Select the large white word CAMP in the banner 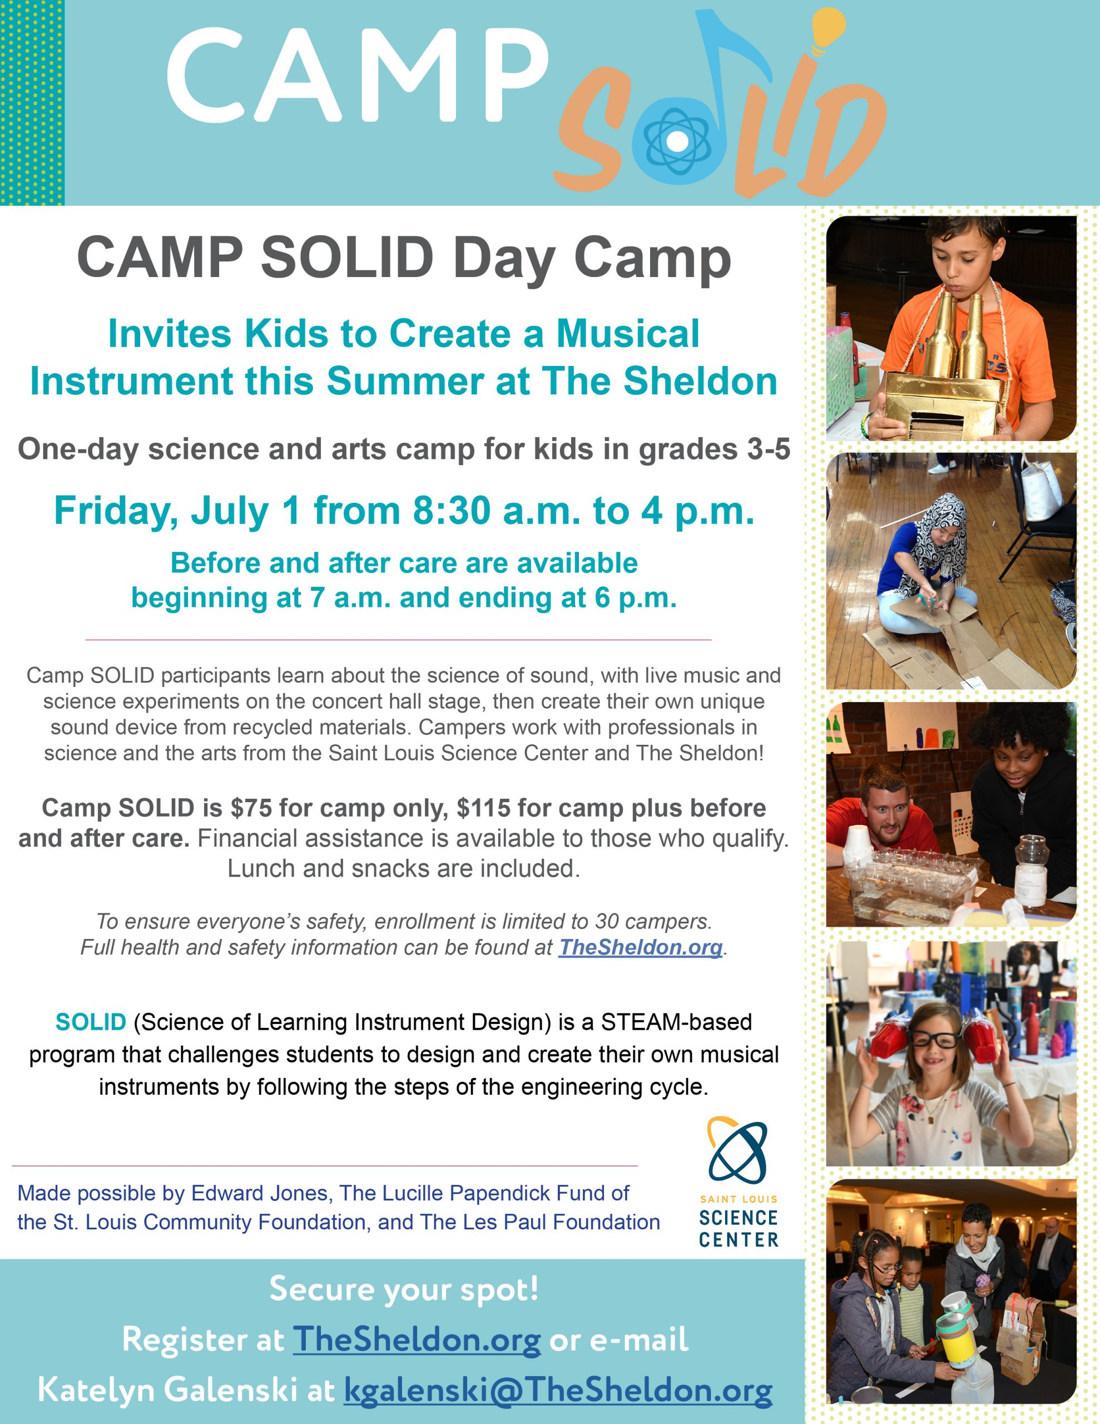tap(358, 75)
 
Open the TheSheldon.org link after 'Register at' tap(417, 1339)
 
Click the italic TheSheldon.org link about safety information tap(640, 947)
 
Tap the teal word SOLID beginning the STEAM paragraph tap(91, 1022)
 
